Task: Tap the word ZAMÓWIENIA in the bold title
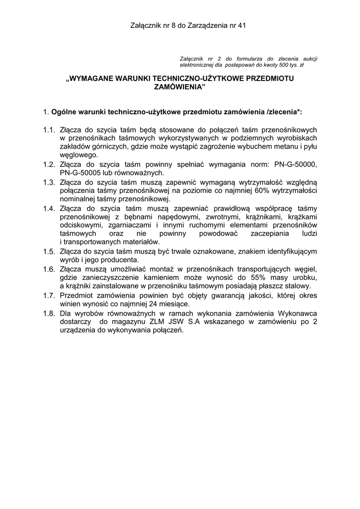(180, 86)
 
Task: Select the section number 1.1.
(49, 130)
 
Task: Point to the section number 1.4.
(49, 208)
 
